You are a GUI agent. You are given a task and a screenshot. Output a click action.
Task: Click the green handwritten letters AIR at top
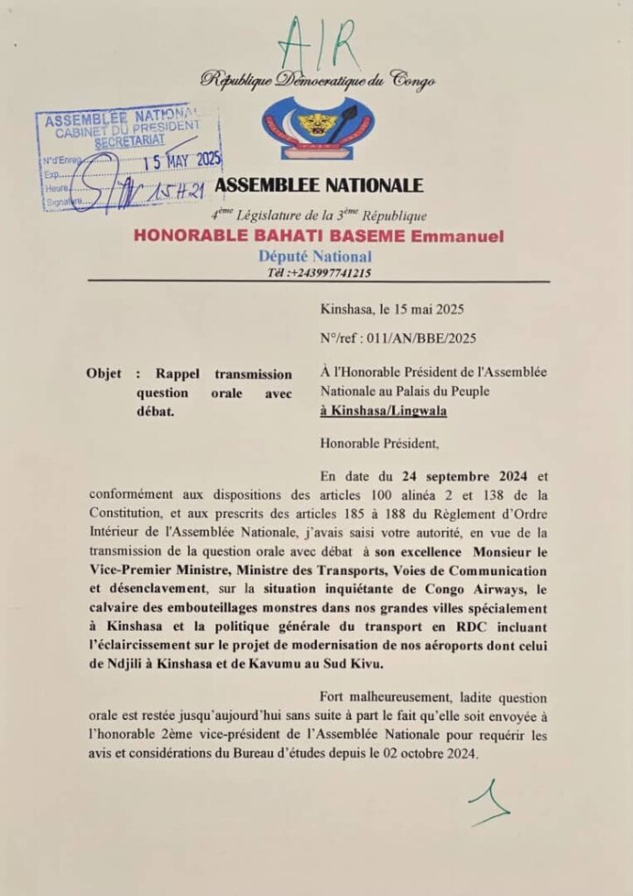[317, 42]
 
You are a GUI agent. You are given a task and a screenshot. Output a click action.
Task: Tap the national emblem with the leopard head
[318, 127]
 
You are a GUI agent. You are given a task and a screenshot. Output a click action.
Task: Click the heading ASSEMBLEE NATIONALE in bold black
[319, 185]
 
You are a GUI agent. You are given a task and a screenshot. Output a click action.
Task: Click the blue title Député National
[315, 256]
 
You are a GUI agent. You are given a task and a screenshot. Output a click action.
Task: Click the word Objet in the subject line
[103, 373]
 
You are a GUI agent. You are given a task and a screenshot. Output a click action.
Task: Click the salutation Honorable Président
[378, 444]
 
